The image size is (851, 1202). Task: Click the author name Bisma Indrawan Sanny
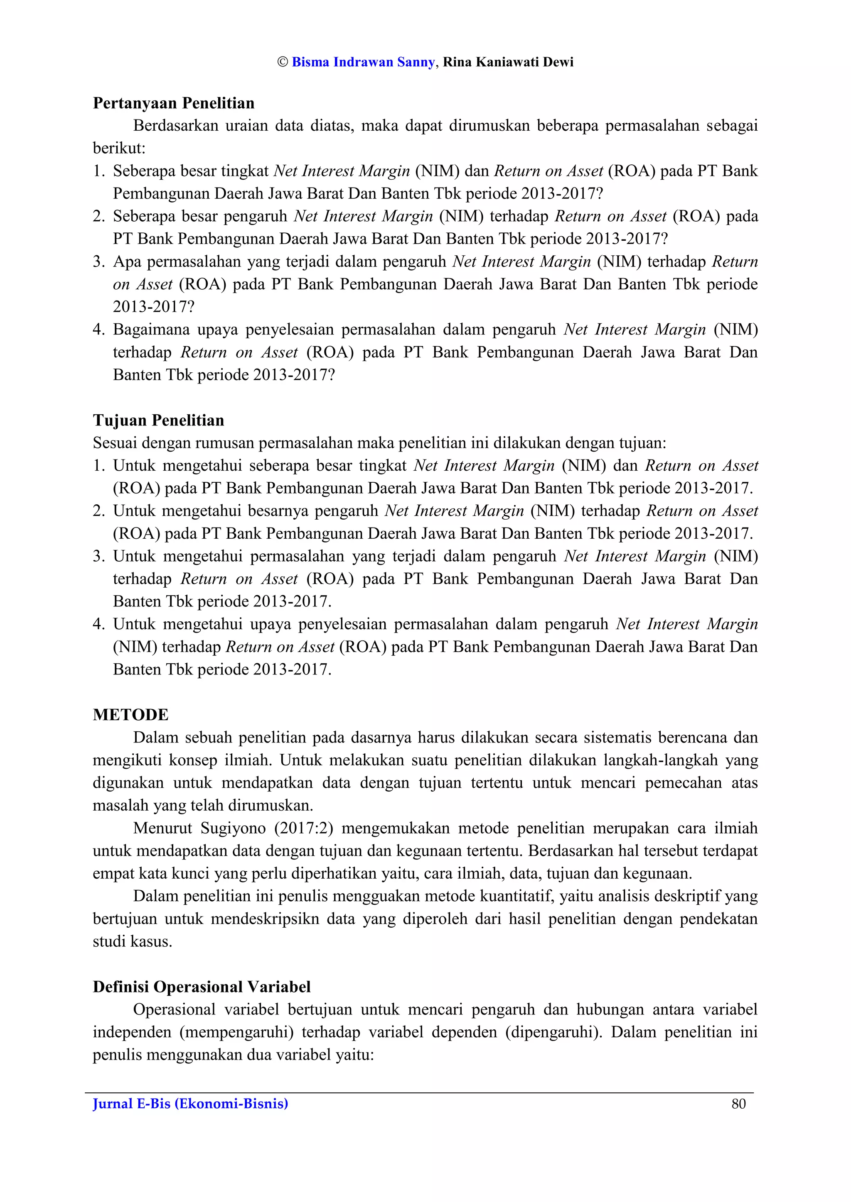tap(363, 62)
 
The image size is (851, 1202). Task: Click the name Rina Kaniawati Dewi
tap(508, 62)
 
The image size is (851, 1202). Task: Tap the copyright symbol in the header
tap(283, 62)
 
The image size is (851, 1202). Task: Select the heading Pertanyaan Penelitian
tap(173, 103)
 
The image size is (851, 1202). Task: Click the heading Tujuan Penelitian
tap(158, 420)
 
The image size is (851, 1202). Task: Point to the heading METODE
tap(130, 715)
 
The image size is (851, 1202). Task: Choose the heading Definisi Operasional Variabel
tap(202, 987)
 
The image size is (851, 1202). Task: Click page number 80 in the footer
tap(738, 1104)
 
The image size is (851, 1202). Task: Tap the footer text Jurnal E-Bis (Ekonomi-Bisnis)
tap(190, 1104)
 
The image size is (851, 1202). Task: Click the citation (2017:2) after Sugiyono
tap(303, 828)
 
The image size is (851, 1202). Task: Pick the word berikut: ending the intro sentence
tap(119, 149)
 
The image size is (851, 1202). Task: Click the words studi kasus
tap(132, 942)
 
